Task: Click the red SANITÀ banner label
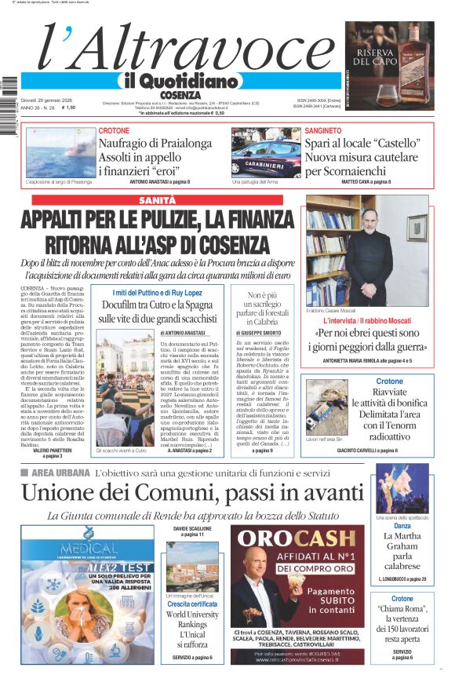tap(157, 201)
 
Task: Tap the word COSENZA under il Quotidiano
tap(180, 94)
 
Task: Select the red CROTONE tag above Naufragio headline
tap(114, 130)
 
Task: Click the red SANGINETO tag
tap(323, 130)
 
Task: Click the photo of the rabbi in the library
tap(366, 250)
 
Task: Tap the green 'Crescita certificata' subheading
tap(191, 604)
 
